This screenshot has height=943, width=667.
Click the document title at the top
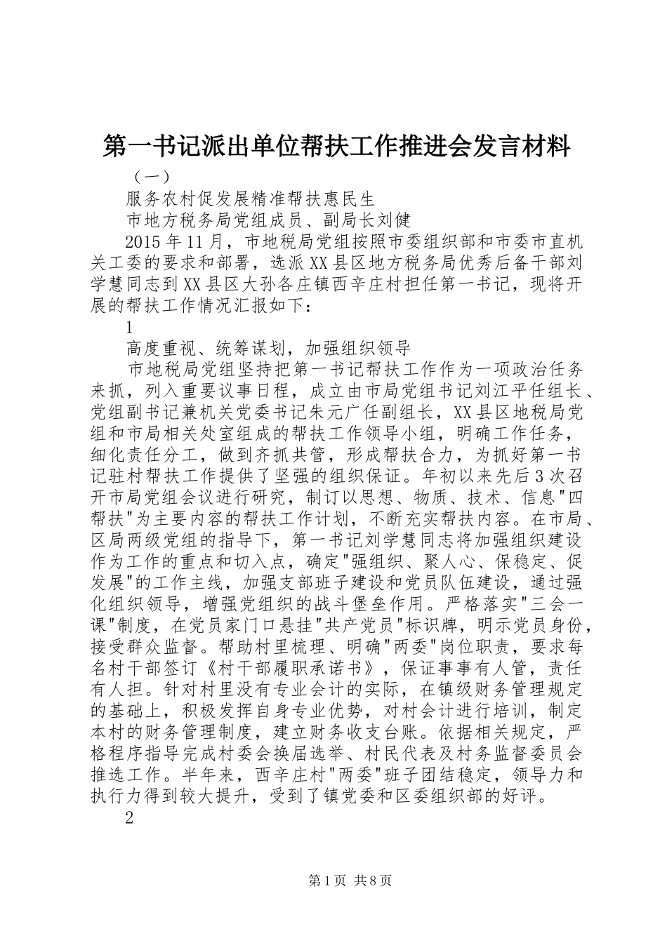click(336, 147)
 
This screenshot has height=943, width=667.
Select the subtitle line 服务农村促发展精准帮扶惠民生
click(256, 199)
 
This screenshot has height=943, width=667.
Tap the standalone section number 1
click(129, 328)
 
